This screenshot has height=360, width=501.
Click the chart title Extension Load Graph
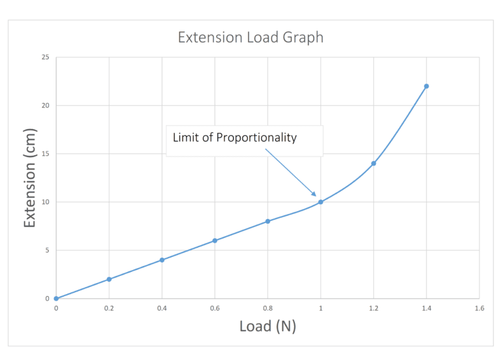[250, 37]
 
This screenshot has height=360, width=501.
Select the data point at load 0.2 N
[109, 279]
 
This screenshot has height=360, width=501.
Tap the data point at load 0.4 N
[162, 260]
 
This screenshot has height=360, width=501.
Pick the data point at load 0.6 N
[215, 241]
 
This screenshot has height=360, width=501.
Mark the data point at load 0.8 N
[267, 221]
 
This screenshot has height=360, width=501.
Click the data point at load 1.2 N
[373, 163]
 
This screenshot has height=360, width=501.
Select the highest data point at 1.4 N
[426, 86]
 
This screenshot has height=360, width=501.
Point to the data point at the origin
[56, 299]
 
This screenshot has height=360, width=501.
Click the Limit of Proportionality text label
[234, 138]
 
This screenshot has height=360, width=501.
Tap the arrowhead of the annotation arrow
[314, 195]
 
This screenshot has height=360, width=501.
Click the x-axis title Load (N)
[267, 325]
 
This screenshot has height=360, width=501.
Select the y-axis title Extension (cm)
[29, 177]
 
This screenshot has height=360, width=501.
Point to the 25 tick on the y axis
[45, 57]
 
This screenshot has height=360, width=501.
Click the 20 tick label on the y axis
[45, 106]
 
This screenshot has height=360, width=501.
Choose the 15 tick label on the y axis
[45, 154]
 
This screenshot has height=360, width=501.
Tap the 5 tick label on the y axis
[47, 250]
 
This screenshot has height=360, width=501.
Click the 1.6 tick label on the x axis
[479, 307]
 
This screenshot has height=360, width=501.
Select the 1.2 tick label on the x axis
[373, 307]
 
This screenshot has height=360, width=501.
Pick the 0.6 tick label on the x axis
[215, 307]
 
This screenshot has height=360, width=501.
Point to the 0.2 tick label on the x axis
[109, 307]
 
